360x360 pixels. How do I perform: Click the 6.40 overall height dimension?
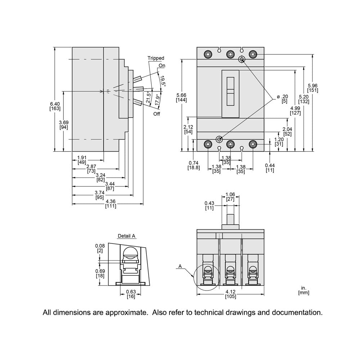pyautogui.click(x=55, y=106)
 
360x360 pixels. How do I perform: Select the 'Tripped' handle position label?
pyautogui.click(x=156, y=58)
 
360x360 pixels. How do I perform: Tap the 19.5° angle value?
pyautogui.click(x=163, y=81)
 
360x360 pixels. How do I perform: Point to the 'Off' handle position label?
pyautogui.click(x=157, y=114)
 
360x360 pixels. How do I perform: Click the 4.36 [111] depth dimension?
pyautogui.click(x=111, y=203)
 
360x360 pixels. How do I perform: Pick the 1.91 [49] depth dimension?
pyautogui.click(x=82, y=159)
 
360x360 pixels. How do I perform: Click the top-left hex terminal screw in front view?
pyautogui.click(x=207, y=54)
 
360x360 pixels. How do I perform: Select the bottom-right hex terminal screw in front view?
pyautogui.click(x=253, y=144)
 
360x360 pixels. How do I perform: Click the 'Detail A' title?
pyautogui.click(x=127, y=236)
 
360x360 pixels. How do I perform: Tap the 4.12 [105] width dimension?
pyautogui.click(x=230, y=294)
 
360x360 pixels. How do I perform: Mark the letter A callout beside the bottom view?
pyautogui.click(x=180, y=266)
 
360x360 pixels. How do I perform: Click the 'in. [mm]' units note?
pyautogui.click(x=303, y=291)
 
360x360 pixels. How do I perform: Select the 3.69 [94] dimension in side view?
pyautogui.click(x=64, y=125)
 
